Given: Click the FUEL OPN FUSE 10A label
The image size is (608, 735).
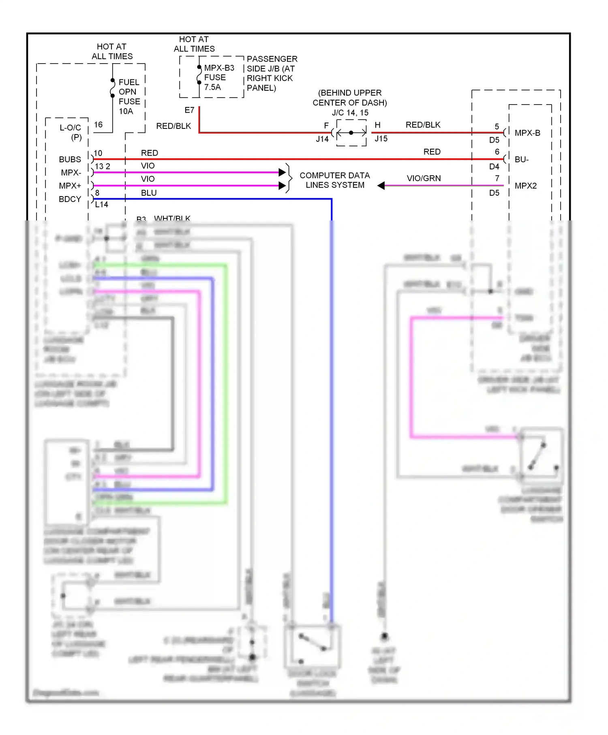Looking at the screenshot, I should point(129,96).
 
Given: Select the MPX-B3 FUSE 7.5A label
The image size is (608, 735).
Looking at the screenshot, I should point(218,77).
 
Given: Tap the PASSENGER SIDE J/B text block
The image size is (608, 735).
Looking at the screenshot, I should point(272,73).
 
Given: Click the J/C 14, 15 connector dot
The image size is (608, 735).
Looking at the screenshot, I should point(351,132).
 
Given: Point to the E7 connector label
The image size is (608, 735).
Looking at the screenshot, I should point(189,110).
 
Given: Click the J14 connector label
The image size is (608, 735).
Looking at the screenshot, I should point(322,139).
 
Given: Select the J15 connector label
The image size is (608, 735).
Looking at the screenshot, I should point(381,139).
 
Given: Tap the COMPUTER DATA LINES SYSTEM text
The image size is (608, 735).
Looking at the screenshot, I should point(335,180).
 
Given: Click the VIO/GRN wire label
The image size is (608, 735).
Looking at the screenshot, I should point(424,178).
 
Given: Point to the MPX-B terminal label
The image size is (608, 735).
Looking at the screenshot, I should point(527,133).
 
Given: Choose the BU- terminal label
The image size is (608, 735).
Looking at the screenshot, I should point(521,160).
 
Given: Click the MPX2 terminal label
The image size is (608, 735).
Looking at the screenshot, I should point(525,186).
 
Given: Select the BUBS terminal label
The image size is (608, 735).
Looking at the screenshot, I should point(70,160).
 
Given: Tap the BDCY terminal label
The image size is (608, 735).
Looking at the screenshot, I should point(70,199).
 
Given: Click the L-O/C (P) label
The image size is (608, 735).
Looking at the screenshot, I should point(71,132).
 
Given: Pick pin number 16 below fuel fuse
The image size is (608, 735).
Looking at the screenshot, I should point(98,125).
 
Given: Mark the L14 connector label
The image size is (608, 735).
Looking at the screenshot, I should point(101,205).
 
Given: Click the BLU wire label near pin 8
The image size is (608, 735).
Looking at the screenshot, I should point(149,193).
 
